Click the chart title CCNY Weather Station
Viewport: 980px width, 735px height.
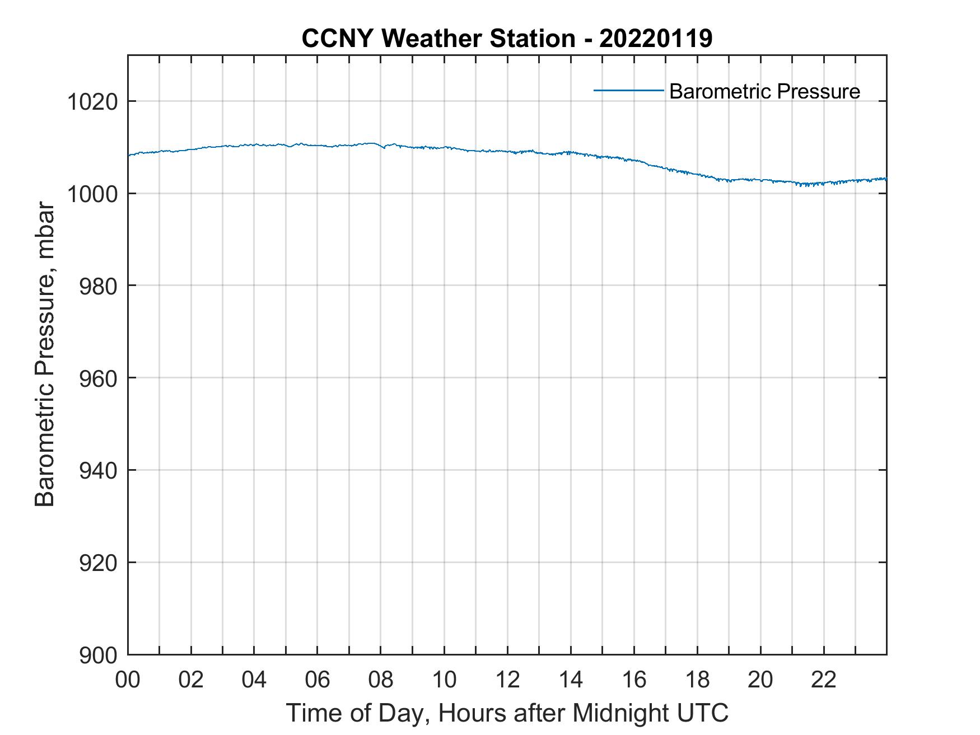(507, 39)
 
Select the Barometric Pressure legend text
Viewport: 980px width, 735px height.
(764, 91)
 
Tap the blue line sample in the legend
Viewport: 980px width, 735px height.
(628, 90)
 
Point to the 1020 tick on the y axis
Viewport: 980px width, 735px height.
(92, 102)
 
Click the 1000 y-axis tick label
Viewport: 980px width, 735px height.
(92, 194)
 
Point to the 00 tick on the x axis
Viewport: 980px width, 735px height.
(128, 680)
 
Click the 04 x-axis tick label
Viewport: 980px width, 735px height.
(254, 680)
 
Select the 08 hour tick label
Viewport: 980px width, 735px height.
(381, 680)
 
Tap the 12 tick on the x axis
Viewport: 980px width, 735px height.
(507, 680)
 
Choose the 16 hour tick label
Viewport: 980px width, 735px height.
(634, 680)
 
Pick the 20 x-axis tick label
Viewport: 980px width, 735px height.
(760, 680)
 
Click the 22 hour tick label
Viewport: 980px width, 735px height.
(824, 680)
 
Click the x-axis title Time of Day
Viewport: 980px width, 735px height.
(507, 713)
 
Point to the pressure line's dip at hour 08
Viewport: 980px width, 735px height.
(384, 148)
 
